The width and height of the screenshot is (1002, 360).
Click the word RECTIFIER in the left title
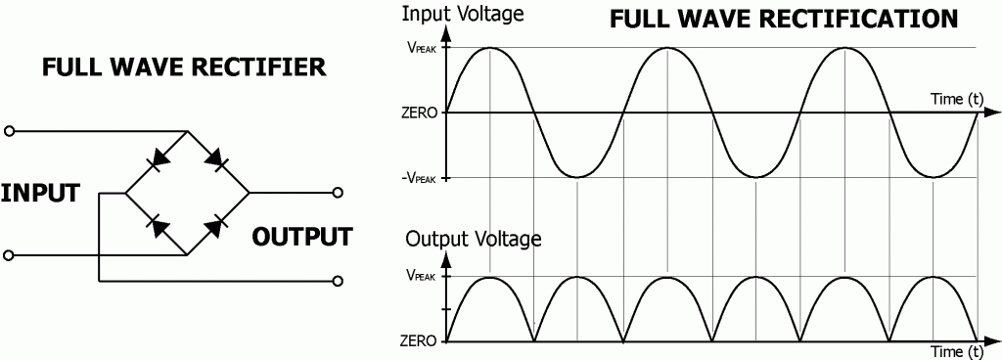(263, 67)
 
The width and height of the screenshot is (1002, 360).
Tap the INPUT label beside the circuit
(39, 193)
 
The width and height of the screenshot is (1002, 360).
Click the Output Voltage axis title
(473, 238)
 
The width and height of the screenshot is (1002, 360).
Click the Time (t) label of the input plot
(955, 99)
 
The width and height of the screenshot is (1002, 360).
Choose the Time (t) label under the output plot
(955, 351)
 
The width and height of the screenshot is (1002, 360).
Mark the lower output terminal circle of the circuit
(339, 281)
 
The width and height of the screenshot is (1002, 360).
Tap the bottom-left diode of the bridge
(155, 224)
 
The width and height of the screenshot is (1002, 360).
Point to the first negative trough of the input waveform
(578, 177)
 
